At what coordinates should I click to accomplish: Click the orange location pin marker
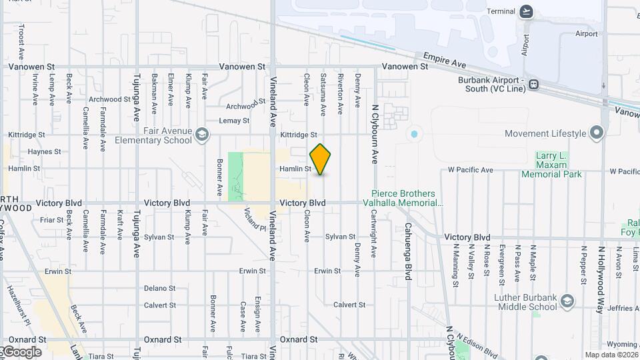click(320, 159)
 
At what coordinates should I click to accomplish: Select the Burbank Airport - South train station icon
click(534, 85)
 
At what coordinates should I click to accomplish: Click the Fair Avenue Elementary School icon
click(201, 136)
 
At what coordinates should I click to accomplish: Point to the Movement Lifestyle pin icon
click(597, 134)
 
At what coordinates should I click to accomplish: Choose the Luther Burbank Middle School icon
click(567, 302)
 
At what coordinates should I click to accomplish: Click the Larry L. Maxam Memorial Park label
click(551, 165)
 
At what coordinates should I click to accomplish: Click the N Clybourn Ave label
click(375, 134)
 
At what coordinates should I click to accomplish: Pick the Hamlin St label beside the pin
click(295, 169)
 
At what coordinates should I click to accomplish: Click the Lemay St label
click(234, 121)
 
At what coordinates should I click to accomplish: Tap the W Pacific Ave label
click(471, 170)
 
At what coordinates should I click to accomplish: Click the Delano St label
click(160, 289)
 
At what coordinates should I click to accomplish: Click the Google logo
click(21, 351)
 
